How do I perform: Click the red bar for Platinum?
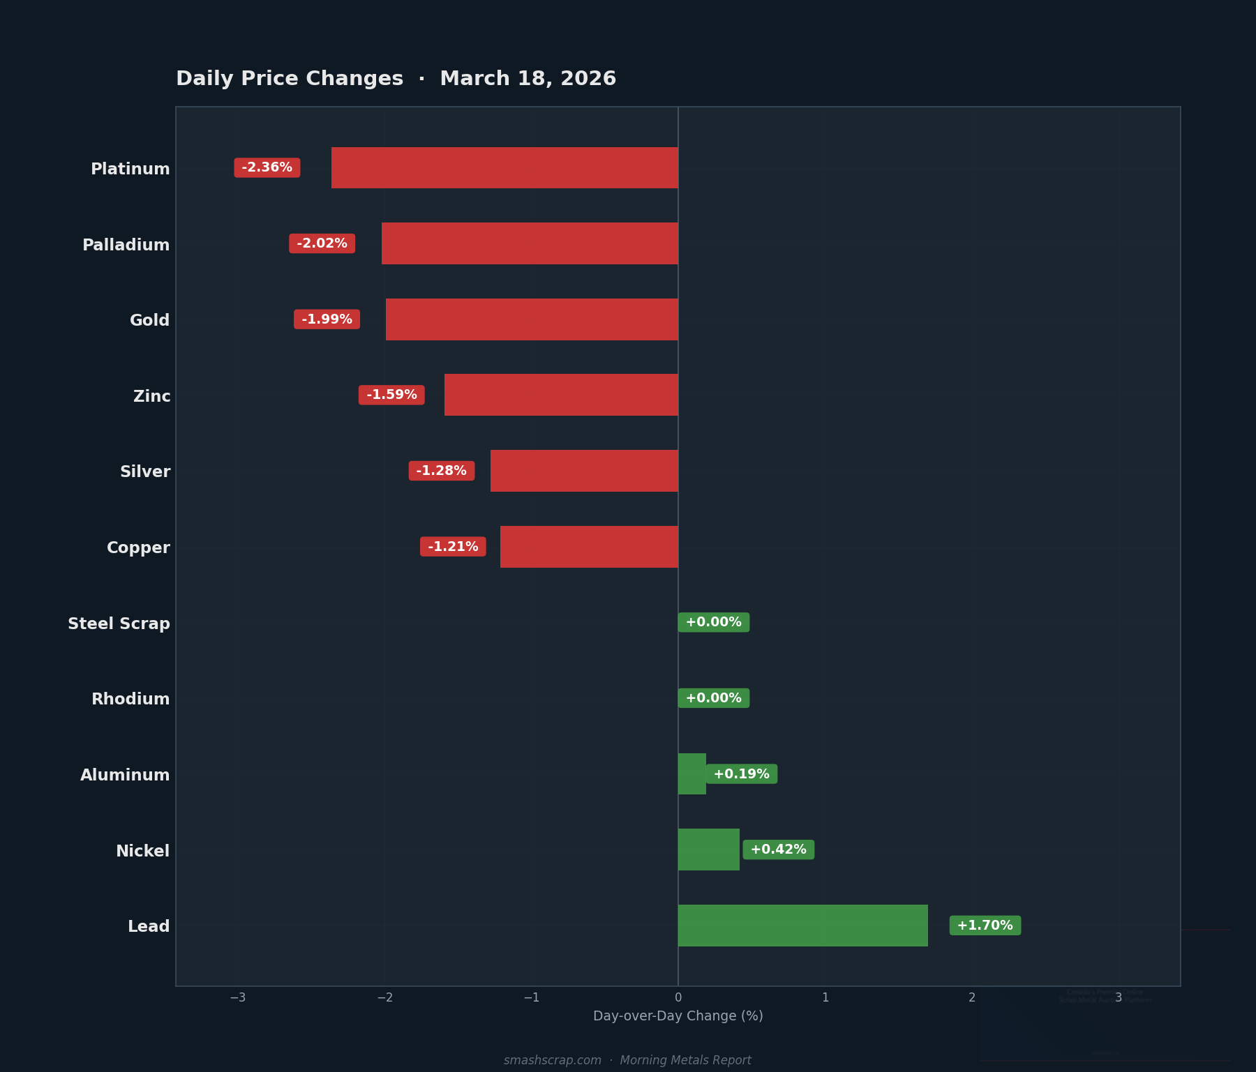pyautogui.click(x=504, y=167)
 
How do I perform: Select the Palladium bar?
pyautogui.click(x=530, y=243)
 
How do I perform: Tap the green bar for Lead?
pyautogui.click(x=802, y=926)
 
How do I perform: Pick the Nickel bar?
pyautogui.click(x=708, y=850)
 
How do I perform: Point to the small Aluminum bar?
pyautogui.click(x=691, y=774)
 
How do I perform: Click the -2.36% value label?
pyautogui.click(x=267, y=167)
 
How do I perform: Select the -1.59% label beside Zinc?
pyautogui.click(x=391, y=395)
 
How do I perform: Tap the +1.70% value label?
pyautogui.click(x=985, y=926)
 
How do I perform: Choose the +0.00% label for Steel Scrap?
pyautogui.click(x=713, y=622)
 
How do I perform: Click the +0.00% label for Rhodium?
pyautogui.click(x=713, y=698)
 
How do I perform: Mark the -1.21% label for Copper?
pyautogui.click(x=453, y=547)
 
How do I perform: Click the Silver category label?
pyautogui.click(x=145, y=471)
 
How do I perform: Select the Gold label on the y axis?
pyautogui.click(x=150, y=320)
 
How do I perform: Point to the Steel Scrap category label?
pyautogui.click(x=119, y=624)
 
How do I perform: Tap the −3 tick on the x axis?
pyautogui.click(x=238, y=998)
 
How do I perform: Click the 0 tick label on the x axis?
pyautogui.click(x=678, y=998)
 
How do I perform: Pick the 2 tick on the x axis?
pyautogui.click(x=972, y=998)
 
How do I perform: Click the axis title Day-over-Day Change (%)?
pyautogui.click(x=678, y=1016)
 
